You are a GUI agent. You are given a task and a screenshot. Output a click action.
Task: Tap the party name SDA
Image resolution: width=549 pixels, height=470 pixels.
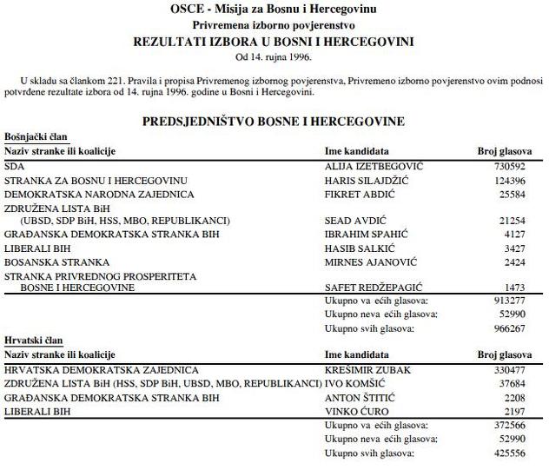(x=15, y=165)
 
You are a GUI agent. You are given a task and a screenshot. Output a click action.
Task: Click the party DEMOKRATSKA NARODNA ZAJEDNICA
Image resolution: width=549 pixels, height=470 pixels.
(x=99, y=194)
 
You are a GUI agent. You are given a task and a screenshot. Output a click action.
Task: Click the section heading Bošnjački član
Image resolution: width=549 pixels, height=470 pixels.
(x=36, y=137)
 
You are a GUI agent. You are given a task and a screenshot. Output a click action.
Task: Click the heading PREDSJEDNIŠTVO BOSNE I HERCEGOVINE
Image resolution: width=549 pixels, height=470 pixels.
(x=274, y=122)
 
